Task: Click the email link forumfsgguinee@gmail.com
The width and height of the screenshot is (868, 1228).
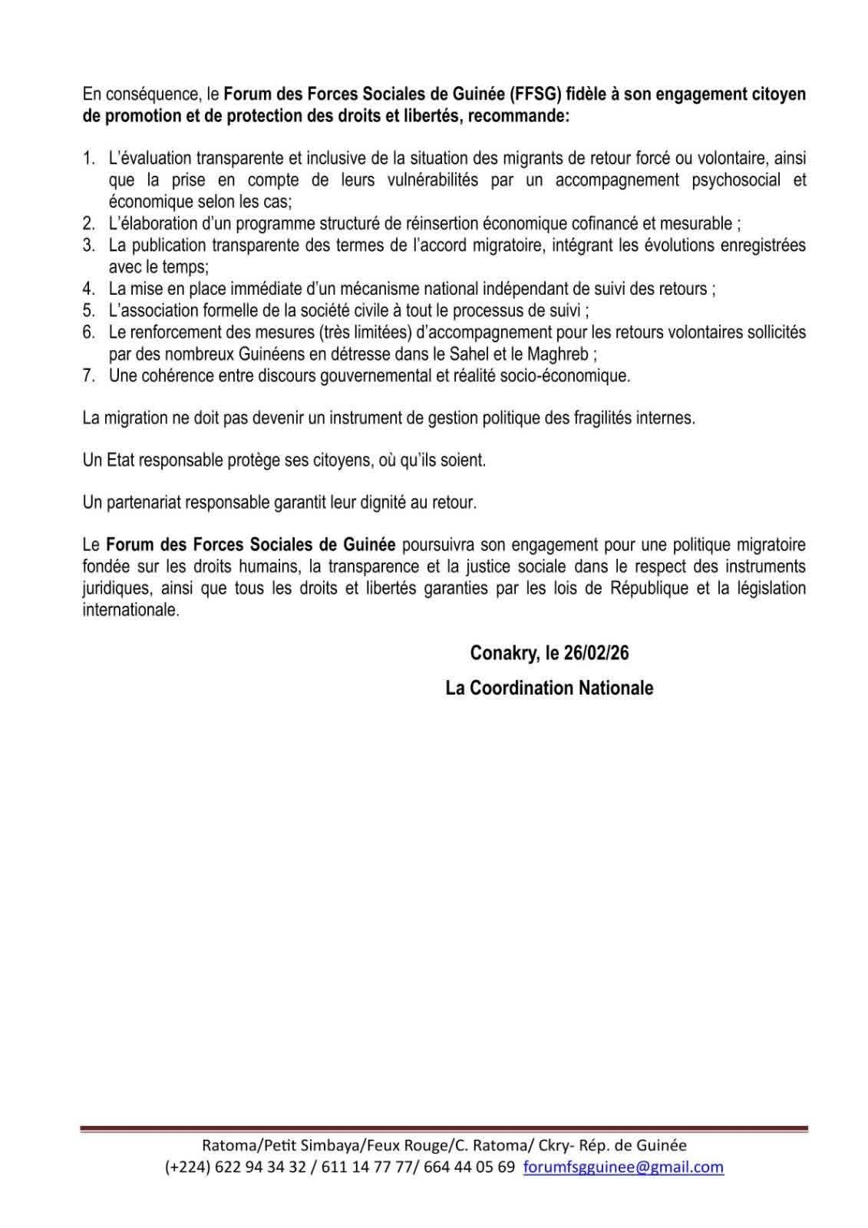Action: pyautogui.click(x=623, y=1167)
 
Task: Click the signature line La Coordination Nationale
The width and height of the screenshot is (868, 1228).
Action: pyautogui.click(x=549, y=688)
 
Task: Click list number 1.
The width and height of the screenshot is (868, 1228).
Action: pyautogui.click(x=89, y=159)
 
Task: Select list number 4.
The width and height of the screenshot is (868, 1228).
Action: pyautogui.click(x=89, y=289)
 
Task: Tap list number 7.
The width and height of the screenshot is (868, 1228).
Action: pyautogui.click(x=89, y=376)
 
